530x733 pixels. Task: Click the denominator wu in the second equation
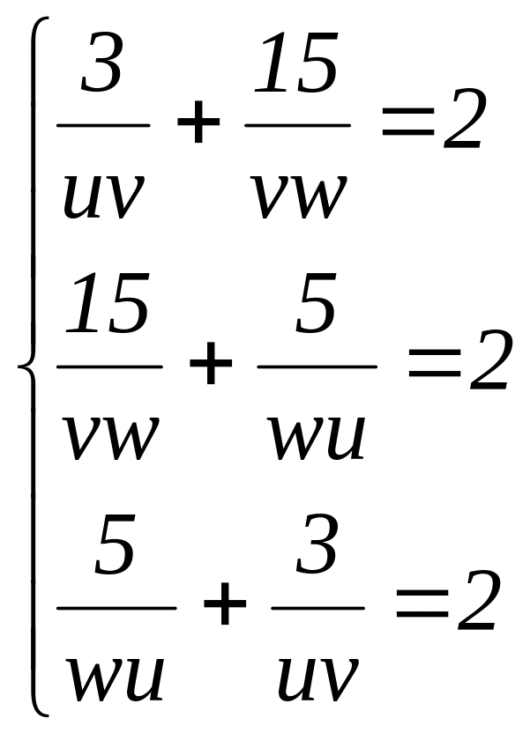(317, 431)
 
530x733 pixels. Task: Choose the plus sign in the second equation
(211, 366)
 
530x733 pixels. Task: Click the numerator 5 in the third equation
(115, 547)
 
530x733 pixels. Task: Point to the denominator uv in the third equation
(317, 671)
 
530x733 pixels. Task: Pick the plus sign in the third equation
(224, 607)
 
